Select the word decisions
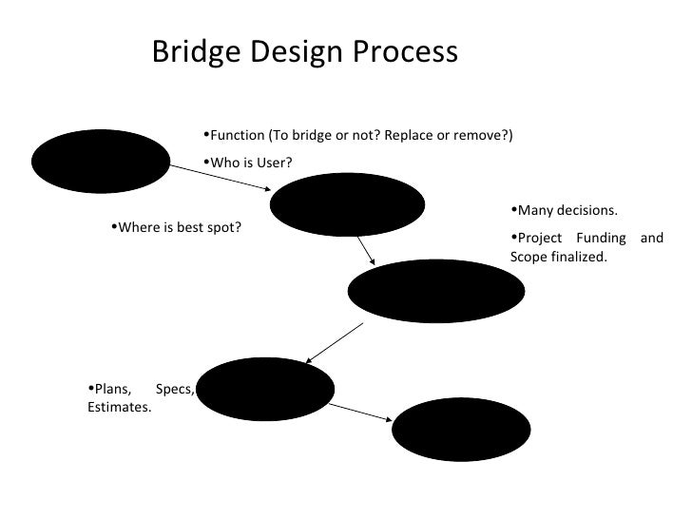click(x=588, y=211)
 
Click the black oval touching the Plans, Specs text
click(x=266, y=388)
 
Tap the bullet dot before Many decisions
click(x=514, y=210)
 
